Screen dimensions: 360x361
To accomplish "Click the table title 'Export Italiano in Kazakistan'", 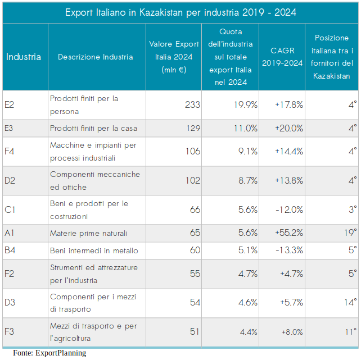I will click(x=180, y=12).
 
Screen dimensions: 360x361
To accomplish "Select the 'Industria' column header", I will click(x=24, y=57).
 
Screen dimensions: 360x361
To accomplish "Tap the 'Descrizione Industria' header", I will click(x=96, y=57).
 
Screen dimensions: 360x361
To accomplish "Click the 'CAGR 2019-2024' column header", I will click(x=282, y=57).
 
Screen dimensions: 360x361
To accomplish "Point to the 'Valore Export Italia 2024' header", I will click(x=174, y=57).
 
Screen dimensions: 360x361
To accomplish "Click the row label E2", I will click(x=10, y=104).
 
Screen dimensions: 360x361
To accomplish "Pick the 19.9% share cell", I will click(x=246, y=104).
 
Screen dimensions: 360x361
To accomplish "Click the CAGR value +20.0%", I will click(x=289, y=128).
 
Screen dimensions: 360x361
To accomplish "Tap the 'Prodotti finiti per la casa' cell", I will click(x=93, y=128).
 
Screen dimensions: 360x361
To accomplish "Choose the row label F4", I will click(x=10, y=151).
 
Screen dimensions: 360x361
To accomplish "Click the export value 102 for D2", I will click(x=192, y=180).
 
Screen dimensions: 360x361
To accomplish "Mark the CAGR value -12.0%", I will click(x=290, y=210).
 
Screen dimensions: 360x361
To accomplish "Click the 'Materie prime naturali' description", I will click(x=88, y=233).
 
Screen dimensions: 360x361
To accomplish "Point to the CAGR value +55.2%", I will click(x=289, y=233).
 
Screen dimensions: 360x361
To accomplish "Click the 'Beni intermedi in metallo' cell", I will click(x=94, y=250).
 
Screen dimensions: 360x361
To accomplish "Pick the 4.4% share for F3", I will click(x=248, y=331).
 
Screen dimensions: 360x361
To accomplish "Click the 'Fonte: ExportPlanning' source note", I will click(x=49, y=353).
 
